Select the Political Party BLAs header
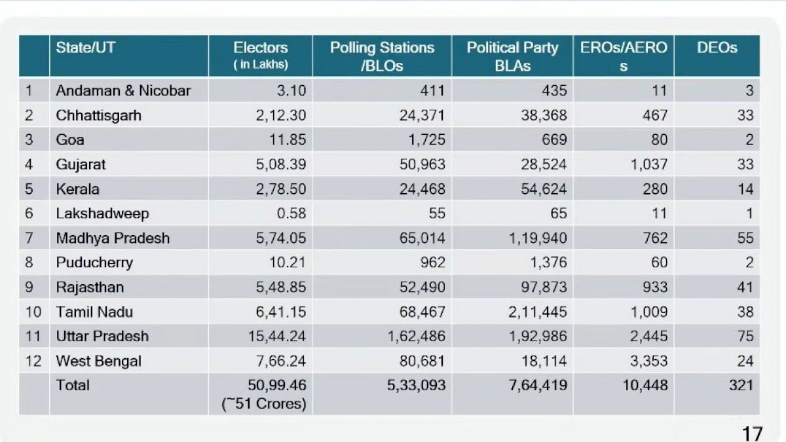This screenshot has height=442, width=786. tap(512, 56)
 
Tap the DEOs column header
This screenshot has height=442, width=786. tap(717, 48)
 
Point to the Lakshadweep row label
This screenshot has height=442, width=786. tap(102, 213)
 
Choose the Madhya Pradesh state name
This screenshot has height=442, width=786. tap(113, 238)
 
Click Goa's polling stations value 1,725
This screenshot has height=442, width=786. tap(427, 140)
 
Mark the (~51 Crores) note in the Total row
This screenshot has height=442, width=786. tap(263, 403)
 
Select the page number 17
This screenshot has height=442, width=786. tap(753, 433)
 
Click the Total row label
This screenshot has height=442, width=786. tap(73, 385)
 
